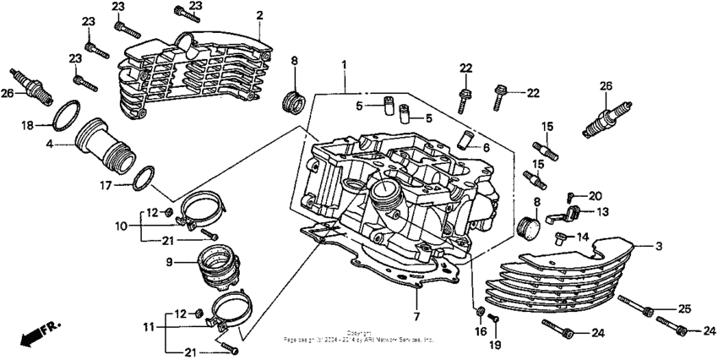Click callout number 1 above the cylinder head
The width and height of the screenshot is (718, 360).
[x=344, y=65]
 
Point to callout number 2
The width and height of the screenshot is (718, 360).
[x=259, y=15]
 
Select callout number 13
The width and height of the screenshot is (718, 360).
[x=603, y=211]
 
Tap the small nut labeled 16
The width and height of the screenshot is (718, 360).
[x=481, y=313]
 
